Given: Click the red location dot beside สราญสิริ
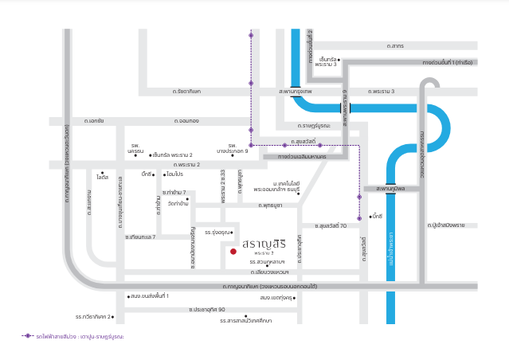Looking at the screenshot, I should pos(233,251).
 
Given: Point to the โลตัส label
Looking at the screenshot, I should pos(101,177).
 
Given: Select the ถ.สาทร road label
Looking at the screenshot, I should pos(395,47).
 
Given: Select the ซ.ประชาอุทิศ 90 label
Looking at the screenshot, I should pos(206,309).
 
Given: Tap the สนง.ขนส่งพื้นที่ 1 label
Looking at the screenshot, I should pos(151,296).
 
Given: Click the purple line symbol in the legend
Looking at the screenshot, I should pos(27,337).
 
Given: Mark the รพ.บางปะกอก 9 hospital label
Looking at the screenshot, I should pos(233,148).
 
